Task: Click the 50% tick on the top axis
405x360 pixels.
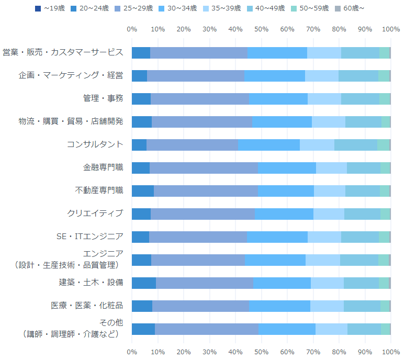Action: point(262,29)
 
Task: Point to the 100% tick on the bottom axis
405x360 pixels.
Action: point(391,352)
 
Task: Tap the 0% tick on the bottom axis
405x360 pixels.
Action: point(132,352)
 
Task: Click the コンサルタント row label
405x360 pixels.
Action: point(95,144)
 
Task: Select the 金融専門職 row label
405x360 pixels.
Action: point(103,167)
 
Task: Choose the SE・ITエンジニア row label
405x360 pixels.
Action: point(89,237)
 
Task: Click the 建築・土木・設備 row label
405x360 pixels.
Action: point(91,283)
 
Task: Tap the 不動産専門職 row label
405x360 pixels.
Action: point(99,190)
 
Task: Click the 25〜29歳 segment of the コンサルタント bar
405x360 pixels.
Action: point(192,145)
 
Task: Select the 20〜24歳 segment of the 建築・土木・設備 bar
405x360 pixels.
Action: point(144,283)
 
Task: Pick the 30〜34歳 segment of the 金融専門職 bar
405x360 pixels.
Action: point(287,168)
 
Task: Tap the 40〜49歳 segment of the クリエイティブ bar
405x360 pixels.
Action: point(362,214)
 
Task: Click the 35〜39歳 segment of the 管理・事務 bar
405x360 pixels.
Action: point(324,99)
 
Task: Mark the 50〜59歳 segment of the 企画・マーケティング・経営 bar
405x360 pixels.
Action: point(384,76)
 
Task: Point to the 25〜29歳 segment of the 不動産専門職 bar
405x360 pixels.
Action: point(206,191)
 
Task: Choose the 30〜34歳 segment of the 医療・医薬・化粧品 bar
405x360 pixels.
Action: point(279,306)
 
